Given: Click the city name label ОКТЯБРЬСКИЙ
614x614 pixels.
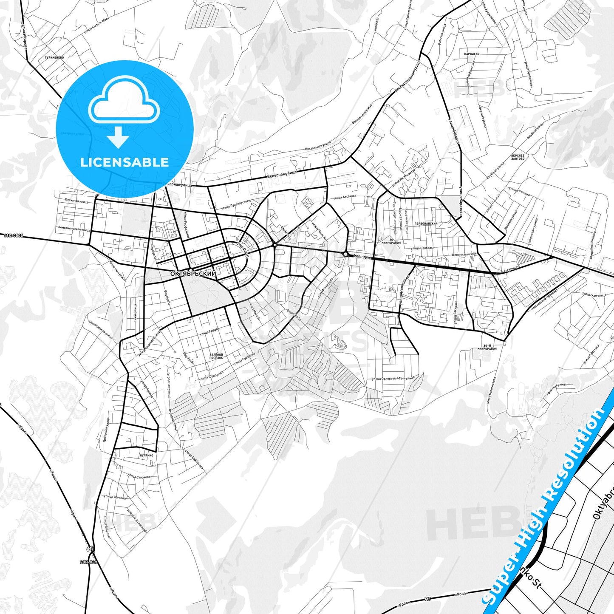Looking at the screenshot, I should pos(193,274).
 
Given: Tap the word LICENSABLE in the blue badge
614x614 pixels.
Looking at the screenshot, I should pos(124,162).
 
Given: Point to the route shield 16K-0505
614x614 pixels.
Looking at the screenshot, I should pos(14,235).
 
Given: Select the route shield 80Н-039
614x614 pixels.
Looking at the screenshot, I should pos(88,562).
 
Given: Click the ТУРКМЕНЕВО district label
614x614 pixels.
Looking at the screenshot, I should pos(54,57).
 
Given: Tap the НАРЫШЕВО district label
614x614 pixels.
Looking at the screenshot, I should pos(472,54).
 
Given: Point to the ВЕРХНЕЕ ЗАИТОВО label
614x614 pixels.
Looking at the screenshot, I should pos(518,157).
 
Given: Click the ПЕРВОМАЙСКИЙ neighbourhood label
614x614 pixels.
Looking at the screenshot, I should pos(426,223).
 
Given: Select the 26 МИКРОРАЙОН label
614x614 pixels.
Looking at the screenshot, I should pos(391,241).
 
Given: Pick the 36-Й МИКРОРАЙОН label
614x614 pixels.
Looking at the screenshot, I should pos(487,347).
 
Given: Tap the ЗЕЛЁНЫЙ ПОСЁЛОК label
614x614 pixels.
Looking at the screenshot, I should pos(216,356).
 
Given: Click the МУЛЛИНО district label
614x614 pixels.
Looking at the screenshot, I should pos(146,455).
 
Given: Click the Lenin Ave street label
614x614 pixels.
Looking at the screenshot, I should pos(362,257).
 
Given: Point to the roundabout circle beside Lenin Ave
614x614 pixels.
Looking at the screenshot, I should pos(346,254).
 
